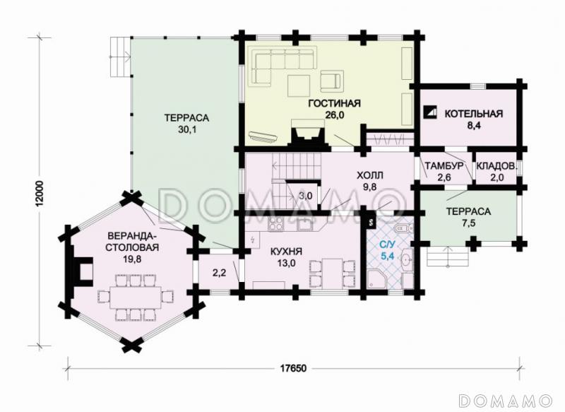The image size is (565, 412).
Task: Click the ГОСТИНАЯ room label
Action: pyautogui.click(x=334, y=103)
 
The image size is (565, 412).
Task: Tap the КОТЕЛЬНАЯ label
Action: pyautogui.click(x=473, y=114)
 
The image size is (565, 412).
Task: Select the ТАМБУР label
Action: pyautogui.click(x=444, y=166)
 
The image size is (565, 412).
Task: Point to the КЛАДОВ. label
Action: pyautogui.click(x=496, y=166)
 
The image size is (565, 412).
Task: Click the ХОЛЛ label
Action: pyautogui.click(x=370, y=175)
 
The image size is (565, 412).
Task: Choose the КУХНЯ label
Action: pyautogui.click(x=287, y=252)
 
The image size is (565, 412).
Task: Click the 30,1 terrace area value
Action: pyautogui.click(x=186, y=130)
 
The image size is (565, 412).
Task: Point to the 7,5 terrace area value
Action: pyautogui.click(x=468, y=223)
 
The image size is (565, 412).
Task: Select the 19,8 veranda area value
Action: pyautogui.click(x=133, y=259)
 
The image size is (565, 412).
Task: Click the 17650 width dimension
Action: pyautogui.click(x=293, y=368)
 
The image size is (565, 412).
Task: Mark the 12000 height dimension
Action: pyautogui.click(x=40, y=194)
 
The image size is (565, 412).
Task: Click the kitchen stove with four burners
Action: pyautogui.click(x=275, y=223)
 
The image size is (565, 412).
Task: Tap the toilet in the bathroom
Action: pyautogui.click(x=404, y=228)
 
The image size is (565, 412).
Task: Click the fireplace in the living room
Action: pyautogui.click(x=307, y=134)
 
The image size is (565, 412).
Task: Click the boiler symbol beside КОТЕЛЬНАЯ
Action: pyautogui.click(x=431, y=112)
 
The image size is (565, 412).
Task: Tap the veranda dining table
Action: pyautogui.click(x=136, y=297)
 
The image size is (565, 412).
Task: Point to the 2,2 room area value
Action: pyautogui.click(x=219, y=273)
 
